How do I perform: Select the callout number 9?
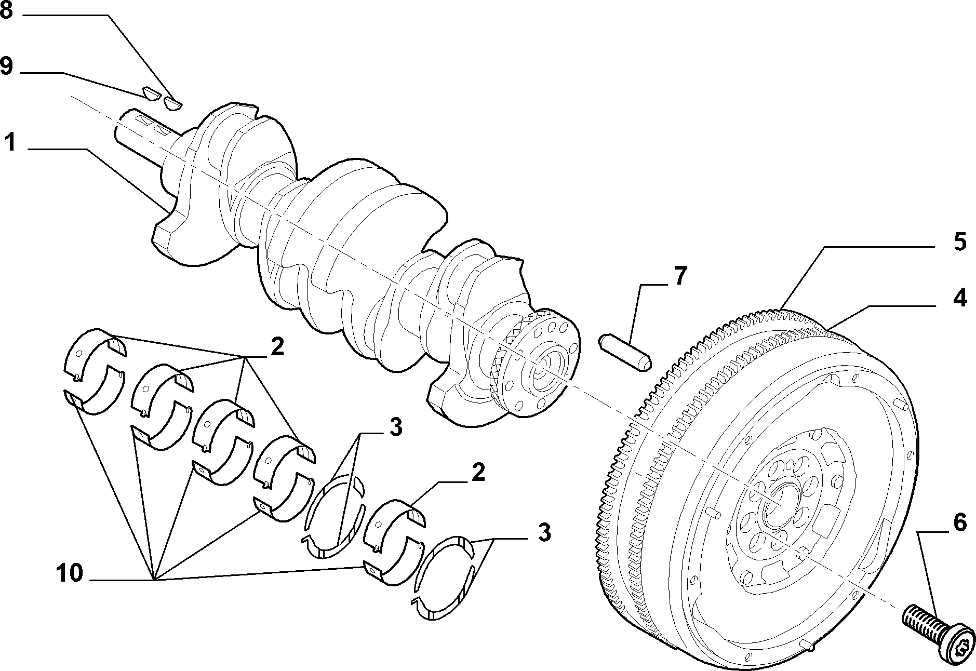(6, 66)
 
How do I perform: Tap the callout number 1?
(10, 141)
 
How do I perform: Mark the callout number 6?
(959, 522)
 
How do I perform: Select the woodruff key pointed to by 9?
(150, 93)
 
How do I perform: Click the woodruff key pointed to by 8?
(171, 103)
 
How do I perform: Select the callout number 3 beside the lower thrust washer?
(543, 533)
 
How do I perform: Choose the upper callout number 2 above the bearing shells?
(277, 347)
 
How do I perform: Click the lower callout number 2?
(477, 472)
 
